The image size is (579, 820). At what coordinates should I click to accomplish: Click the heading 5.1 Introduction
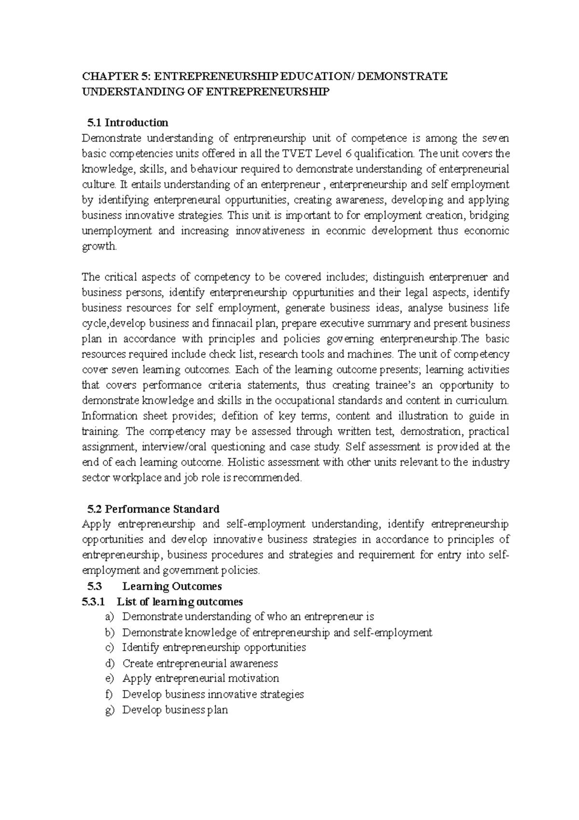tap(127, 122)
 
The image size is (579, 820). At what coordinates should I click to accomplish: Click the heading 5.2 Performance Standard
tap(153, 509)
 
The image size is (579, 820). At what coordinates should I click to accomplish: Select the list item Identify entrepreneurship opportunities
tap(214, 647)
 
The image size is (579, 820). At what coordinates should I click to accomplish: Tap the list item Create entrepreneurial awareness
tap(200, 663)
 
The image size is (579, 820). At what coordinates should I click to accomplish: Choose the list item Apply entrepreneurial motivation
tap(201, 678)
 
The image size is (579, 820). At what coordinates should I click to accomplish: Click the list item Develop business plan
tap(175, 709)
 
